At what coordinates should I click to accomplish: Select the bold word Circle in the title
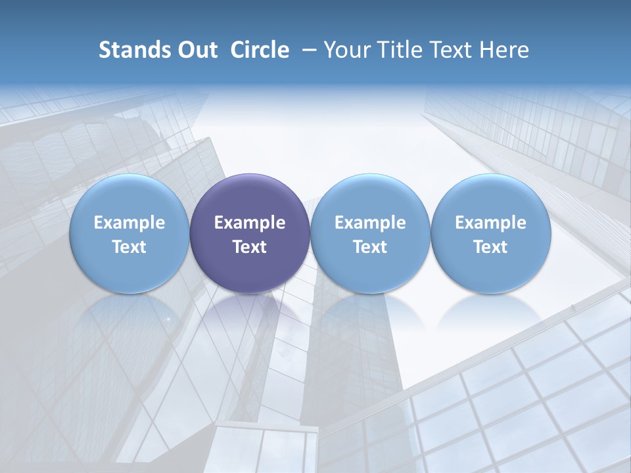260,50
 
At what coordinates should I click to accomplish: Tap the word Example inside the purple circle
250,223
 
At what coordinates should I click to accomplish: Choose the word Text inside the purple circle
250,247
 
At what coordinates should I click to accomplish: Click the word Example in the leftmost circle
129,223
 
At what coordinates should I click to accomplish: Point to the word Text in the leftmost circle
129,247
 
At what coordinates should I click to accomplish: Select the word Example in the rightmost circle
490,223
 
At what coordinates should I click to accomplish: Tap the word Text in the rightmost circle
490,247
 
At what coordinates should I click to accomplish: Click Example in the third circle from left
370,223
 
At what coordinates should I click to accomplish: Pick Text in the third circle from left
370,247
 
